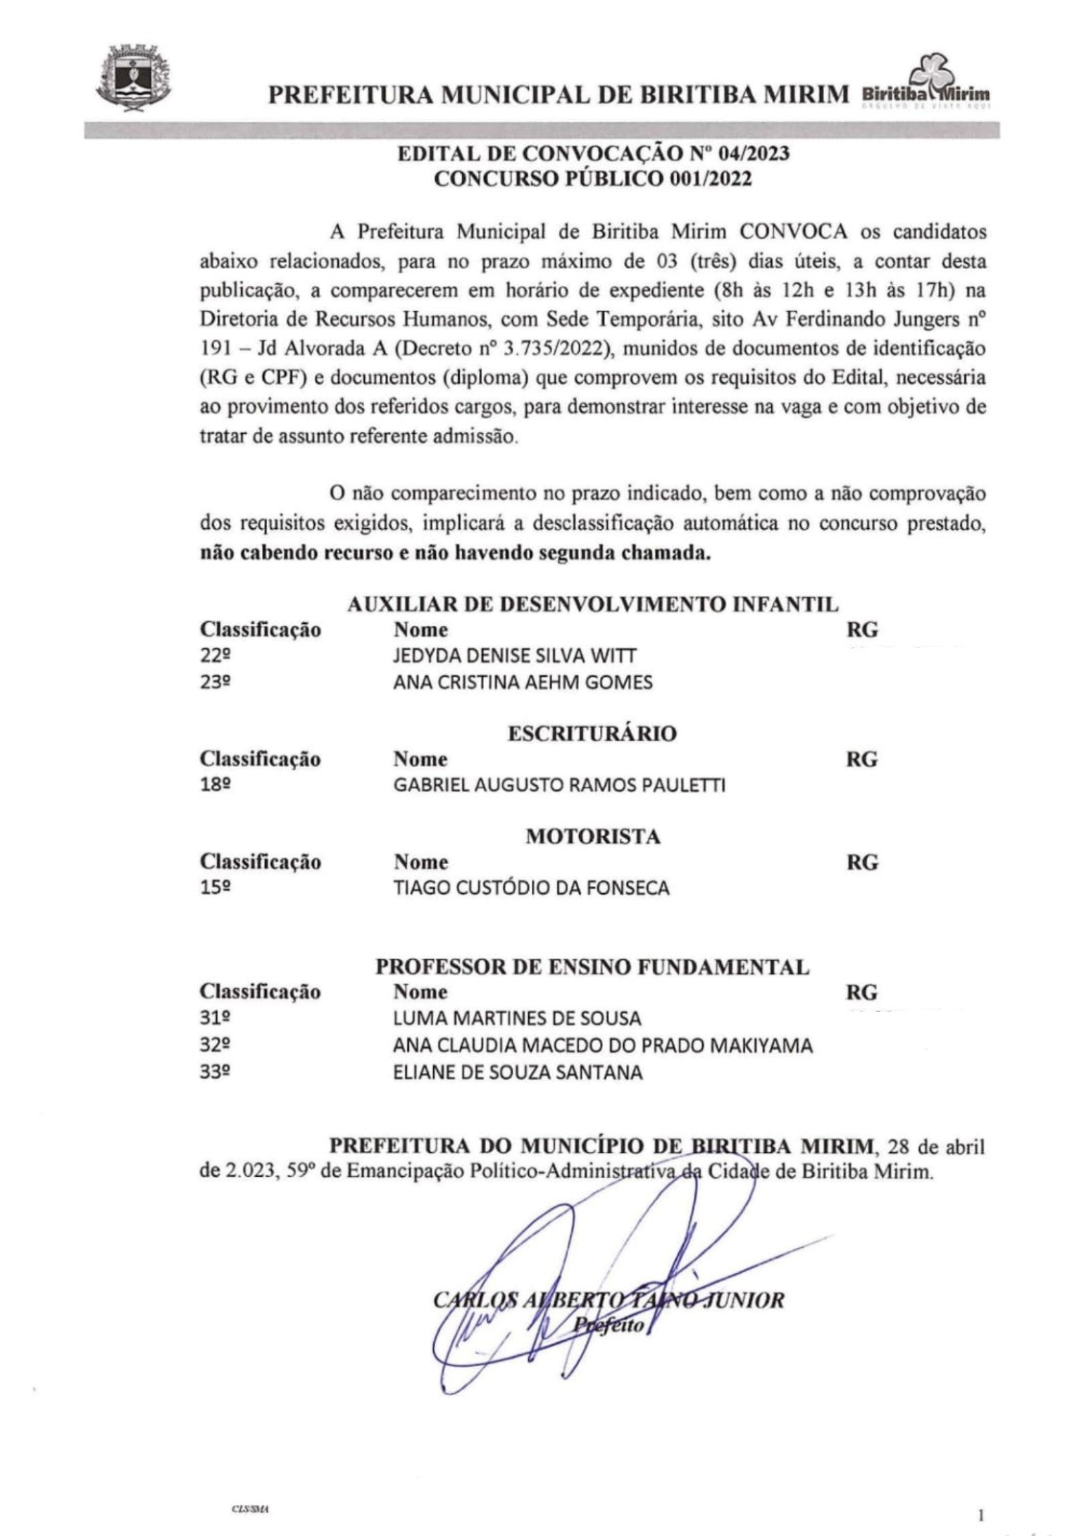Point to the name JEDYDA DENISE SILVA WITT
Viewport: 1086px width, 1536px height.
click(515, 657)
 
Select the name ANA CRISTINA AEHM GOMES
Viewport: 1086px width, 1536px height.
click(522, 683)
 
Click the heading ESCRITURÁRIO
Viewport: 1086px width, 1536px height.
click(591, 733)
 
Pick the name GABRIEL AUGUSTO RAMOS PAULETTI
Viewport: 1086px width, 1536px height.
click(559, 785)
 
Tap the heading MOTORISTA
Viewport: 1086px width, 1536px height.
click(592, 836)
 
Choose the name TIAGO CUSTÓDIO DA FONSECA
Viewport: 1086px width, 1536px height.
click(531, 888)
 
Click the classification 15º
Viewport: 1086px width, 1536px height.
click(215, 888)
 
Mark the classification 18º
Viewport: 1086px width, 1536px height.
click(215, 785)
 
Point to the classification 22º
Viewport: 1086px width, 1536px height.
click(215, 657)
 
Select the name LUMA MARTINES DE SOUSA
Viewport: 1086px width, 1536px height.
click(517, 1019)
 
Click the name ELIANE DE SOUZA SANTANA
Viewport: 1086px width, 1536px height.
click(518, 1072)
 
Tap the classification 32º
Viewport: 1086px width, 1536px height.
click(215, 1045)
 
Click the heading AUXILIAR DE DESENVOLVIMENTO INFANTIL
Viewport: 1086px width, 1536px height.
click(592, 605)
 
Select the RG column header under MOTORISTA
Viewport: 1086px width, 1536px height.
click(861, 862)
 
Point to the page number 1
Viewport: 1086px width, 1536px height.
click(980, 1516)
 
